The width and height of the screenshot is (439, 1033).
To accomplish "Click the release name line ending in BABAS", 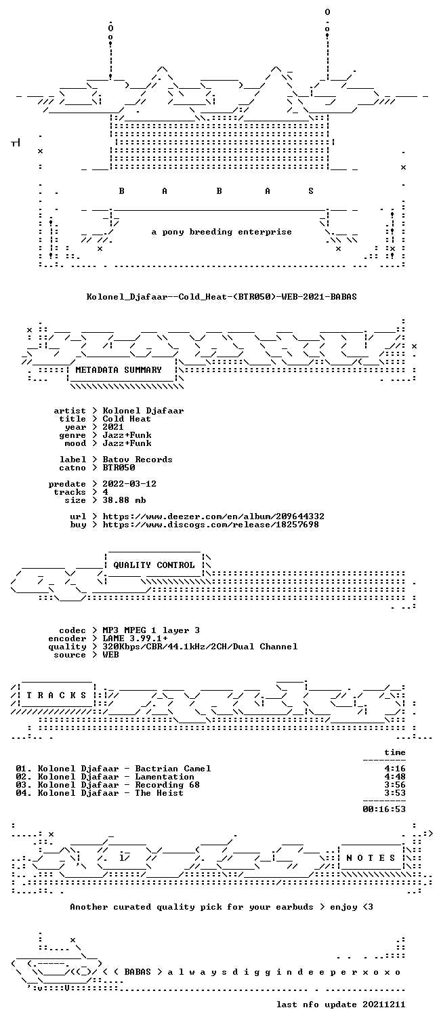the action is coord(222,297).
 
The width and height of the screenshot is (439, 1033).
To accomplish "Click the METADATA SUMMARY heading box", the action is coord(119,370).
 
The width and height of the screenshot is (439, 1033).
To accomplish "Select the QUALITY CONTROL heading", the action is coord(154,565).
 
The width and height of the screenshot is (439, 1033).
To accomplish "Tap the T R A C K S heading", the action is coord(57,695).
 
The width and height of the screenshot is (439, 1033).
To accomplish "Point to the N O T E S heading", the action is coord(371,857).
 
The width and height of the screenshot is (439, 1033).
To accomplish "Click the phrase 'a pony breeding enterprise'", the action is coord(222,232).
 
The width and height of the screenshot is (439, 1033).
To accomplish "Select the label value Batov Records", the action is coord(138,460).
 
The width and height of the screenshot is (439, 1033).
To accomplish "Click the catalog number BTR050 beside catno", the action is coord(119,468).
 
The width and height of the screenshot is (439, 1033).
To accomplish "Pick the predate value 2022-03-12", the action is coord(129,484).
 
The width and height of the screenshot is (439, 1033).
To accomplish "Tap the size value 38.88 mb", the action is coord(124,500).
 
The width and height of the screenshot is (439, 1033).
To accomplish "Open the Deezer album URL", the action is coord(213,516).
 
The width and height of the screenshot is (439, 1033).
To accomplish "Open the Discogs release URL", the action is coord(211,525).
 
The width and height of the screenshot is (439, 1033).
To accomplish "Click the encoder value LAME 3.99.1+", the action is coord(135,639).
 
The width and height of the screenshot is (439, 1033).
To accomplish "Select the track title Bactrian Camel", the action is coord(173,769).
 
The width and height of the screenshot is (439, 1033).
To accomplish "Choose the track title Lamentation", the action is coord(165,777).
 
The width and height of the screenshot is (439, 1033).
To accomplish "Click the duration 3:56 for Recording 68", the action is coord(395,785).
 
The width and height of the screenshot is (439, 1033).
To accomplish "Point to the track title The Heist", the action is coord(159,793).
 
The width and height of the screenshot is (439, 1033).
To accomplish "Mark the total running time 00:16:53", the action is coord(384,809).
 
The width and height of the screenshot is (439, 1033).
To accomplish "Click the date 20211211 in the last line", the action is coord(383,1005).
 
